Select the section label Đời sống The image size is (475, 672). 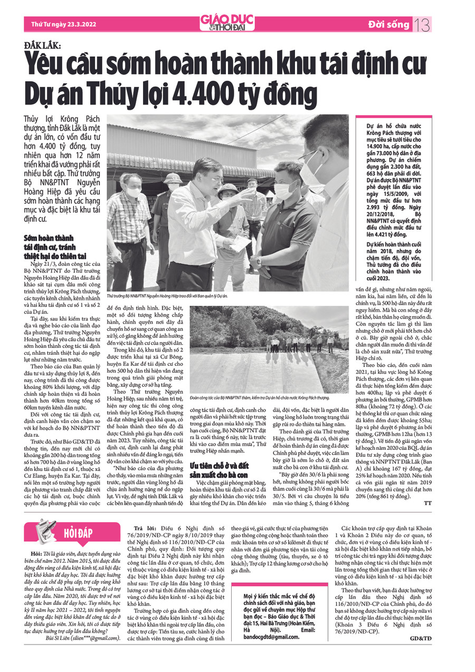[389, 24]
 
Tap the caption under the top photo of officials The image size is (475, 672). [167, 297]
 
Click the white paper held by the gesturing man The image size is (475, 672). [240, 243]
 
